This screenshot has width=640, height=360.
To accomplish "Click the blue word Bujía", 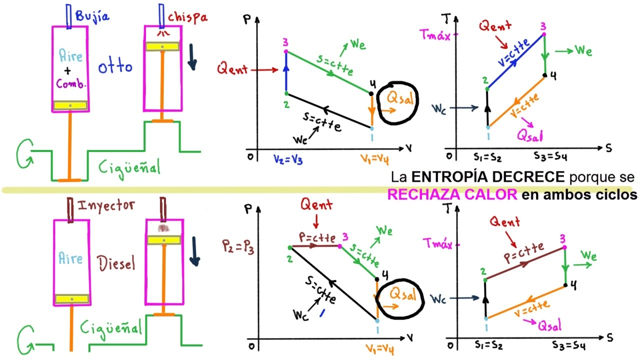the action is tap(92, 16).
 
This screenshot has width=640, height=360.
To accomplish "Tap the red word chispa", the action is tap(187, 17).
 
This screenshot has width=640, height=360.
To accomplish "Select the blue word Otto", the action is tap(115, 66).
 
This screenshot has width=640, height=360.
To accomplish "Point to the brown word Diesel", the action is tap(116, 263).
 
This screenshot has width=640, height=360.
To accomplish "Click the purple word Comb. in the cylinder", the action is tap(71, 83).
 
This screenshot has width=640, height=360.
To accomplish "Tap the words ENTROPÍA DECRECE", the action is tap(487, 177).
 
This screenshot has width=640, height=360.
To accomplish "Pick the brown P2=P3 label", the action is tap(238, 247).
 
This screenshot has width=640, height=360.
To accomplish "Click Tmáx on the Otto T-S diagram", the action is tap(435, 35).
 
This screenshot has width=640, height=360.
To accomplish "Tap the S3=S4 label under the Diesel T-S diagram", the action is tap(568, 345).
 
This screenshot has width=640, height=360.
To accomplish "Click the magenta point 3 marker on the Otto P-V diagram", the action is tap(286, 51).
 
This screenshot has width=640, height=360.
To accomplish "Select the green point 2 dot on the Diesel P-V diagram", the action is tap(290, 247).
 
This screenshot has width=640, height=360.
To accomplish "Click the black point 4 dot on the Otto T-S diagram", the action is tap(545, 75).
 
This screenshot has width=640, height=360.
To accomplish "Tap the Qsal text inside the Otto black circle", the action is tap(400, 98).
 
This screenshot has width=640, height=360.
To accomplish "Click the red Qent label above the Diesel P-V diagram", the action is tap(316, 204).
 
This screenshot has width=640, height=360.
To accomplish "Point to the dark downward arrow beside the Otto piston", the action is tap(192, 57).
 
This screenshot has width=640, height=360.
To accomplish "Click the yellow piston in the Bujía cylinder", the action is tap(70, 105).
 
